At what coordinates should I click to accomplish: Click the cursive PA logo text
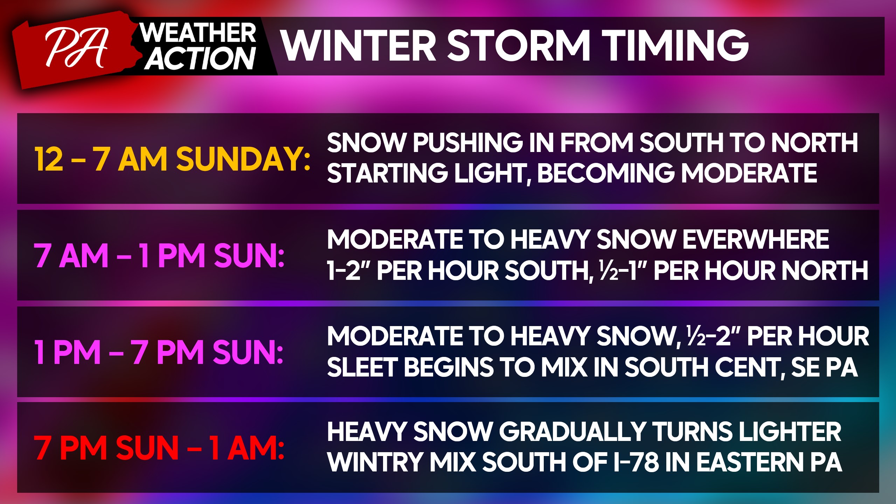[x=76, y=48]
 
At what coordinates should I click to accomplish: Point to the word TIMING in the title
[x=677, y=45]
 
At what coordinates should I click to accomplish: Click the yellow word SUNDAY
[x=243, y=159]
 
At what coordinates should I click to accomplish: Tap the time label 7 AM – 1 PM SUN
[x=159, y=256]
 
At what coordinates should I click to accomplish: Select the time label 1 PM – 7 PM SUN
[x=159, y=352]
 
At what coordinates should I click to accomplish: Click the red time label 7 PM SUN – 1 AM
[x=159, y=448]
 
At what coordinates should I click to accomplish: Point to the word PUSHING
[x=468, y=143]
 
